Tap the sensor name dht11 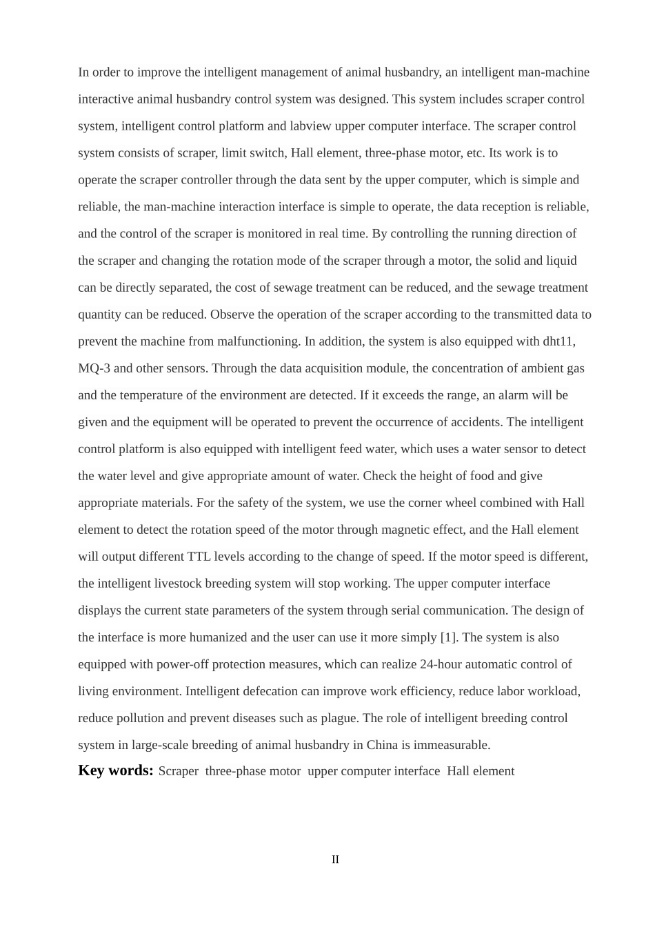(559, 341)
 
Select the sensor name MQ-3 (94, 368)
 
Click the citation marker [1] (449, 637)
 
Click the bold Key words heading (116, 770)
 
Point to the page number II (335, 859)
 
